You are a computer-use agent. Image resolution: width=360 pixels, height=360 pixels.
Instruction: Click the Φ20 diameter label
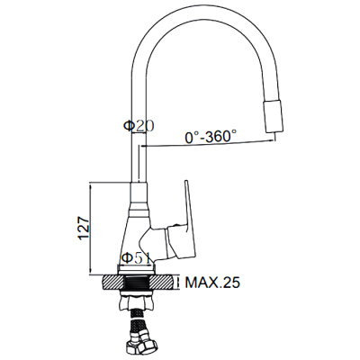click(139, 126)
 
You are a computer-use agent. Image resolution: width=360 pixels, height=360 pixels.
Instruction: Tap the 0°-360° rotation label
click(211, 137)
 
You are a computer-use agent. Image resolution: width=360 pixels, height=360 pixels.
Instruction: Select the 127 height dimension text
click(84, 229)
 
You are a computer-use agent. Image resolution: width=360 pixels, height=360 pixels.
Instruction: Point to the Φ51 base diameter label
click(137, 258)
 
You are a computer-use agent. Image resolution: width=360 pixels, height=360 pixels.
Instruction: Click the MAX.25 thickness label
click(212, 283)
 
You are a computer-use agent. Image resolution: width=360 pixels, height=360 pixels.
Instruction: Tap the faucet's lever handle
click(185, 228)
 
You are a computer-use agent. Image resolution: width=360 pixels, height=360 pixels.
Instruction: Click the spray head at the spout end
click(274, 116)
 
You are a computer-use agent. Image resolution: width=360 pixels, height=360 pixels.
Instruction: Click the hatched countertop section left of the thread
click(113, 282)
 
